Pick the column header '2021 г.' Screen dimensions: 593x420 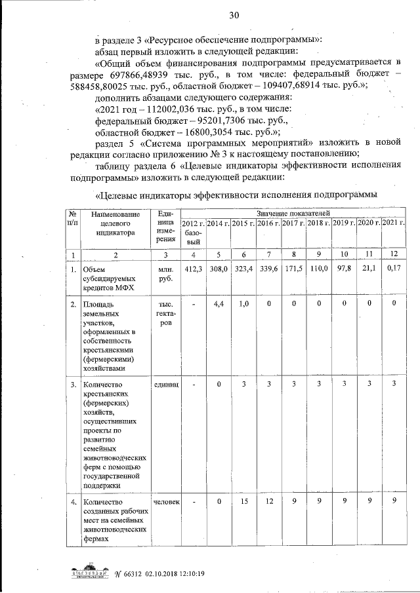tap(394, 224)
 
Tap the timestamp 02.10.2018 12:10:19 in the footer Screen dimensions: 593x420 tap(172, 574)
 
